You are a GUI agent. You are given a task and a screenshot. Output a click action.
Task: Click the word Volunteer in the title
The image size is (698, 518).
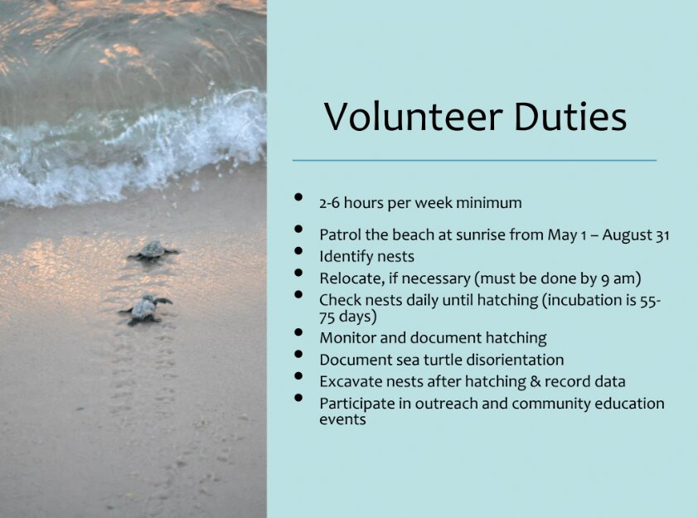(x=414, y=117)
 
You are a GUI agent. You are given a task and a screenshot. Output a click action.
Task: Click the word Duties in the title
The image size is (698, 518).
(x=570, y=117)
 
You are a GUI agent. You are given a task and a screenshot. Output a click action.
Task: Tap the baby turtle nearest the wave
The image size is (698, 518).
(x=153, y=251)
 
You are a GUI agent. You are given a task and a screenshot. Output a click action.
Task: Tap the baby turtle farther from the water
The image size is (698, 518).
(x=145, y=309)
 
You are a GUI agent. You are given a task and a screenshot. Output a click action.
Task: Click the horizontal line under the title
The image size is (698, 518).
(x=474, y=160)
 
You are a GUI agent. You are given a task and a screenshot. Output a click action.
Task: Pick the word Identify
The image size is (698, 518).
(x=345, y=257)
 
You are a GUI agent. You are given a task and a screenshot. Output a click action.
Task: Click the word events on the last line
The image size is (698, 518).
(x=342, y=419)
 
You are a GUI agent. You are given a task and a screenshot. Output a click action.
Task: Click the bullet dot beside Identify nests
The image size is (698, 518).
(x=298, y=251)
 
